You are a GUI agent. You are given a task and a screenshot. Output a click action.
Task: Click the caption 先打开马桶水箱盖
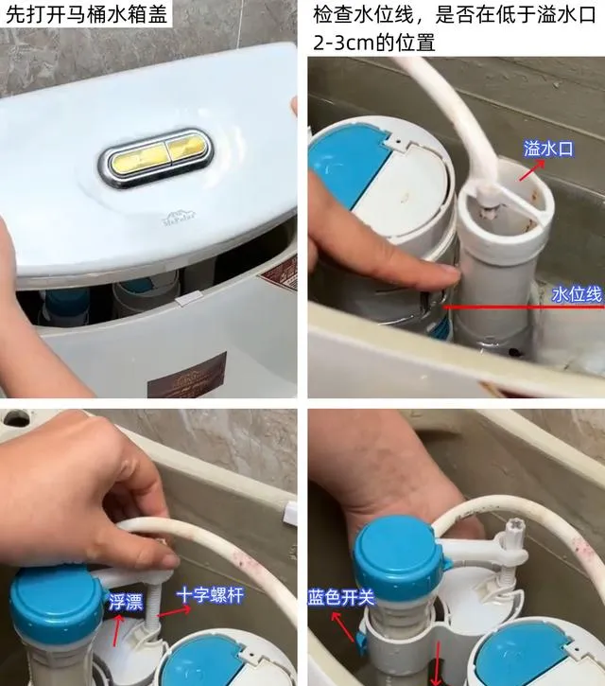pyautogui.click(x=86, y=14)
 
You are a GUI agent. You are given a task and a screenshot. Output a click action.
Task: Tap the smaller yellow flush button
pyautogui.click(x=186, y=150)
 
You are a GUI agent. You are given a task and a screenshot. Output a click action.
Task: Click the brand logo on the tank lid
pyautogui.click(x=180, y=219)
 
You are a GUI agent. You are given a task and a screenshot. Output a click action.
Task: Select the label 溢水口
pyautogui.click(x=548, y=149)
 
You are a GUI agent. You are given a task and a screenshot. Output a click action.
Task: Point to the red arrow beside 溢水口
pyautogui.click(x=532, y=170)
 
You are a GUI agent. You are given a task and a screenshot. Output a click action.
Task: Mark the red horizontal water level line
pyautogui.click(x=524, y=308)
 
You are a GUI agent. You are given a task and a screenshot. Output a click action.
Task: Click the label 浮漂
pyautogui.click(x=126, y=603)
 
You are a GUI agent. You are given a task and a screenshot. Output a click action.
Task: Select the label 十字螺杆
pyautogui.click(x=210, y=596)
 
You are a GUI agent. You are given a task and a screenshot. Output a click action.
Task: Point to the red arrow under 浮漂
pyautogui.click(x=116, y=630)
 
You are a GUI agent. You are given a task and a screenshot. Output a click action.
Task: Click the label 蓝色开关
pyautogui.click(x=341, y=597)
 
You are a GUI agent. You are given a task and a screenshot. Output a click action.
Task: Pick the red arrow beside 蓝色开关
pyautogui.click(x=342, y=626)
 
